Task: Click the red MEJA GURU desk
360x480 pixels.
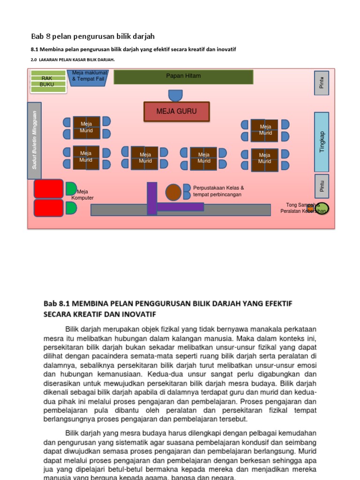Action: click(x=176, y=112)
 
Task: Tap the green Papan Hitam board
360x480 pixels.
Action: click(x=183, y=77)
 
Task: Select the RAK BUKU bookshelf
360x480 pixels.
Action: click(x=47, y=81)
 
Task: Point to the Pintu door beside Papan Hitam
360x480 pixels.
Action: click(x=322, y=83)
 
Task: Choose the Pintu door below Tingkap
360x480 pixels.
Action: click(x=322, y=186)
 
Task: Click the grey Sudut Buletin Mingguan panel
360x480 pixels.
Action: click(x=34, y=141)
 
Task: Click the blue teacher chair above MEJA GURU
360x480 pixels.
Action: click(x=175, y=96)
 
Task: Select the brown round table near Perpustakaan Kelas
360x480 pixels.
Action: click(x=173, y=192)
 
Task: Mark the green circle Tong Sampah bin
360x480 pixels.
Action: click(x=322, y=208)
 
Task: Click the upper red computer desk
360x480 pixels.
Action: click(x=48, y=188)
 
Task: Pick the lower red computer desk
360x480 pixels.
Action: click(x=48, y=208)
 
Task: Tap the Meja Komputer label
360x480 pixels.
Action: click(x=82, y=195)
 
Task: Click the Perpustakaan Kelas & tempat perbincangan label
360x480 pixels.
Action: click(x=218, y=191)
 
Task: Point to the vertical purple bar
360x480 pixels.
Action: click(x=152, y=198)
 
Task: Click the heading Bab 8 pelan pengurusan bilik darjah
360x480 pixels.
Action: click(x=93, y=36)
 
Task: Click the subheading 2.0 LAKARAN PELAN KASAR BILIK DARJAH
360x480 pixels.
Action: click(x=73, y=60)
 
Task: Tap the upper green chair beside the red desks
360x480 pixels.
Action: click(x=71, y=189)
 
